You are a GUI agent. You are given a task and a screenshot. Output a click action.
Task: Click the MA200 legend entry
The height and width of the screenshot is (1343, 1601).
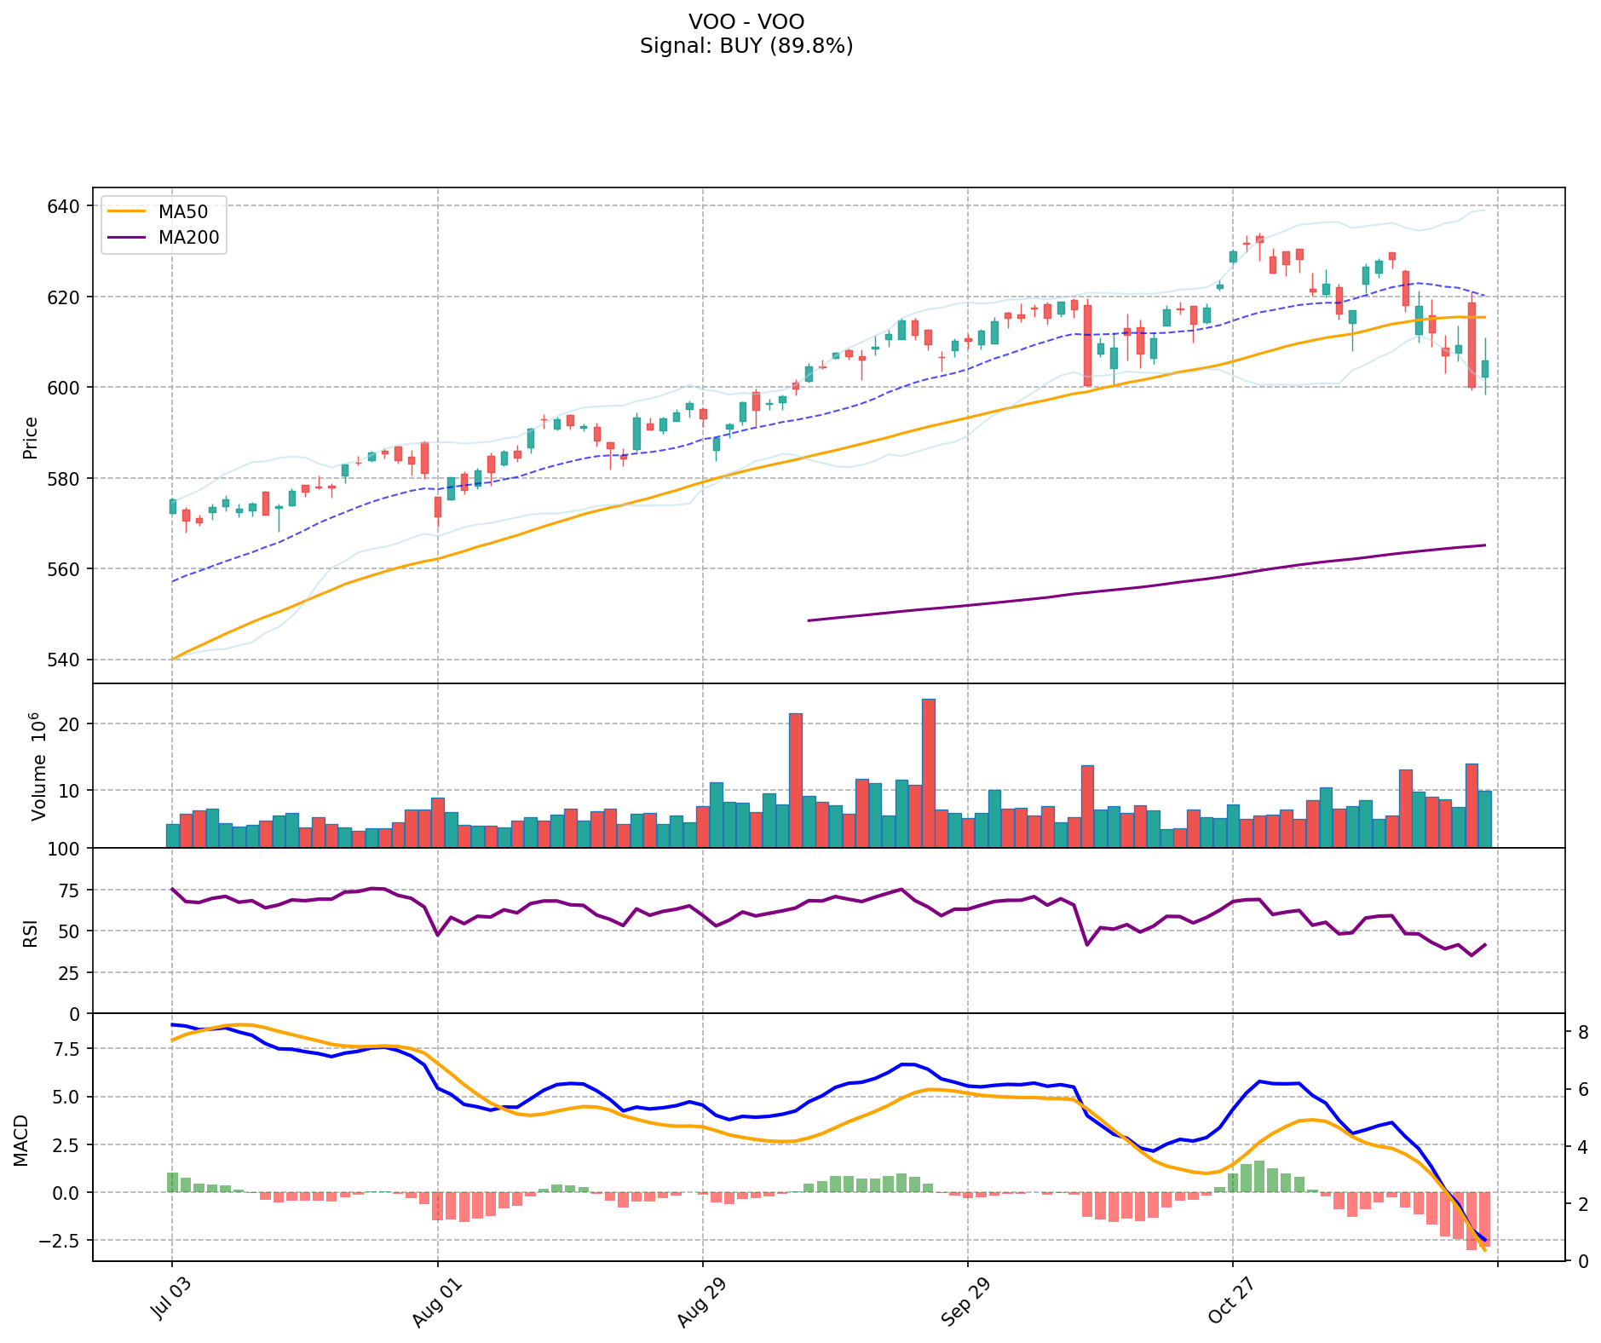point(188,238)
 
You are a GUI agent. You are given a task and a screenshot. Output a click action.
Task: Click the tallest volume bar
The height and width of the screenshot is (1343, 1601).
point(929,772)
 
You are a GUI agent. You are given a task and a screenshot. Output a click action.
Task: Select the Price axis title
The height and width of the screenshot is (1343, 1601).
point(31,437)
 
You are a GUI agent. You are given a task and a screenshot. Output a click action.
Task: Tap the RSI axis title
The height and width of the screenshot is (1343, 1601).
point(31,932)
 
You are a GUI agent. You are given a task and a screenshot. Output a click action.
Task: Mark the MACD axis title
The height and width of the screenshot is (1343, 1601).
point(21,1140)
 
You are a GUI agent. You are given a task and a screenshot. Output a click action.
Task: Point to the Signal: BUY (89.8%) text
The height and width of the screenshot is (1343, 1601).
point(746,46)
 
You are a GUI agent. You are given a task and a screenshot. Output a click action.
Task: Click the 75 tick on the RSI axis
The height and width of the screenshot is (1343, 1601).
point(70,891)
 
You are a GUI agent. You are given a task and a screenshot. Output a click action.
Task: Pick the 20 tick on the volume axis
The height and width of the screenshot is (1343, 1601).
point(70,724)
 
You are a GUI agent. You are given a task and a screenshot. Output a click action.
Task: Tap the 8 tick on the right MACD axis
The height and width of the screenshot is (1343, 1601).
point(1582,1032)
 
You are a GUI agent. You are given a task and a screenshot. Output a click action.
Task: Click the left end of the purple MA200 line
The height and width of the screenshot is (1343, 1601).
point(809,620)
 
